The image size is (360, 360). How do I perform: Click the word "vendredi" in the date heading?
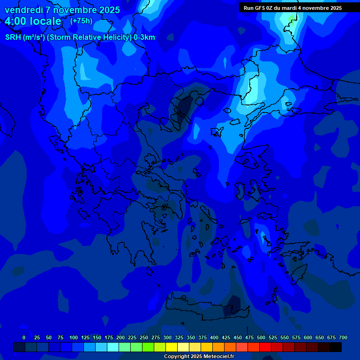pos(22,10)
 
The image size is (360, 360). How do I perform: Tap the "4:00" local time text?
pos(16,22)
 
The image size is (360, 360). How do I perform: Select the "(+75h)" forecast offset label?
pos(81,21)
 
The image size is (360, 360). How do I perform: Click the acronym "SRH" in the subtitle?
pos(13,37)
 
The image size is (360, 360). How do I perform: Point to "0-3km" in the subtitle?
pos(144,37)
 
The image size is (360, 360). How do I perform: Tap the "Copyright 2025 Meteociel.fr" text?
pos(199,357)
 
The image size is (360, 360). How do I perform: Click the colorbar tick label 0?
pos(24,337)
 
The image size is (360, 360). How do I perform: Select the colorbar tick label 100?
pos(74,337)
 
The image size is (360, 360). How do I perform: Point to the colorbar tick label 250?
pos(144,337)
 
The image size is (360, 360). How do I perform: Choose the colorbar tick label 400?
pos(214,337)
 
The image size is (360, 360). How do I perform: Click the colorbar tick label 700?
pos(343,337)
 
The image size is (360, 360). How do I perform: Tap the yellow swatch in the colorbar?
pos(172,347)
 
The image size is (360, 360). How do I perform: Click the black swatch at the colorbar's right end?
pos(336,347)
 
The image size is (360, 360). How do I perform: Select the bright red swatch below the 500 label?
pos(265,347)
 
